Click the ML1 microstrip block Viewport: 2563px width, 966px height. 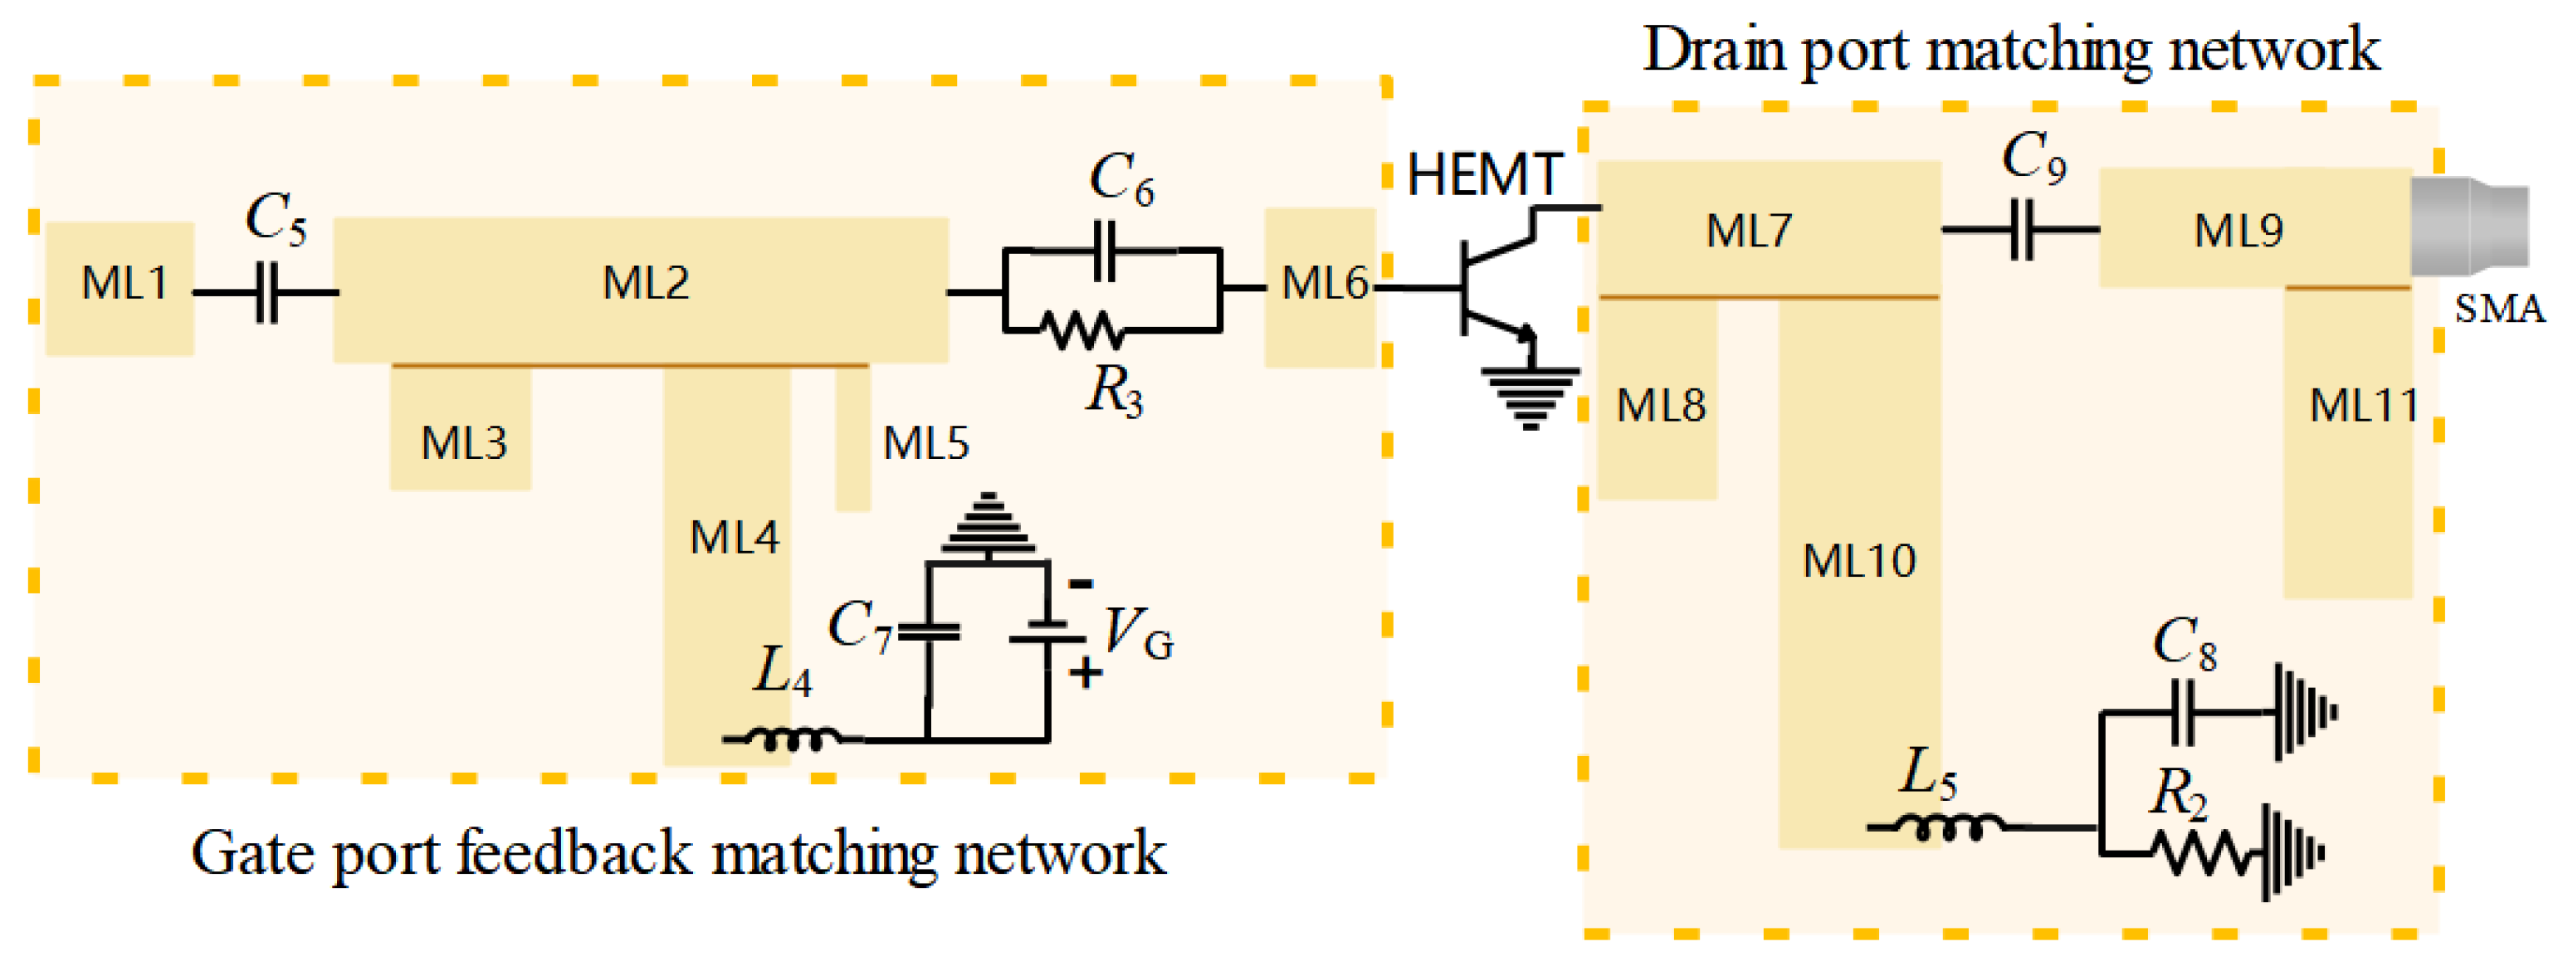[x=120, y=289]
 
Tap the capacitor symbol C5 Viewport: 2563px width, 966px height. [x=266, y=292]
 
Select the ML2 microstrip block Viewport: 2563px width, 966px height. [x=641, y=290]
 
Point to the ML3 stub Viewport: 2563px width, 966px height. [x=460, y=427]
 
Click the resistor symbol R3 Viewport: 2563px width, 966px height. [x=1083, y=329]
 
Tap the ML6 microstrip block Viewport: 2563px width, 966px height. [x=1321, y=287]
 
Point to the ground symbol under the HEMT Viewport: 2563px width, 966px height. [x=1530, y=399]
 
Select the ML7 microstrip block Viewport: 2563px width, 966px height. [x=1769, y=230]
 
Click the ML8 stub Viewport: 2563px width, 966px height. [x=1657, y=398]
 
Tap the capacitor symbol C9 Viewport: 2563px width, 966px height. [x=2023, y=230]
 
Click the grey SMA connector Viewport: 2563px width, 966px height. [x=2468, y=226]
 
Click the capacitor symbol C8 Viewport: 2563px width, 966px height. [x=2182, y=712]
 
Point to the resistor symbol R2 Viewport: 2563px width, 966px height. [x=2203, y=855]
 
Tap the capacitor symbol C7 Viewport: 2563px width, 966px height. [x=928, y=632]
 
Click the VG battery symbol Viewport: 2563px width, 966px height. [x=1047, y=632]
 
